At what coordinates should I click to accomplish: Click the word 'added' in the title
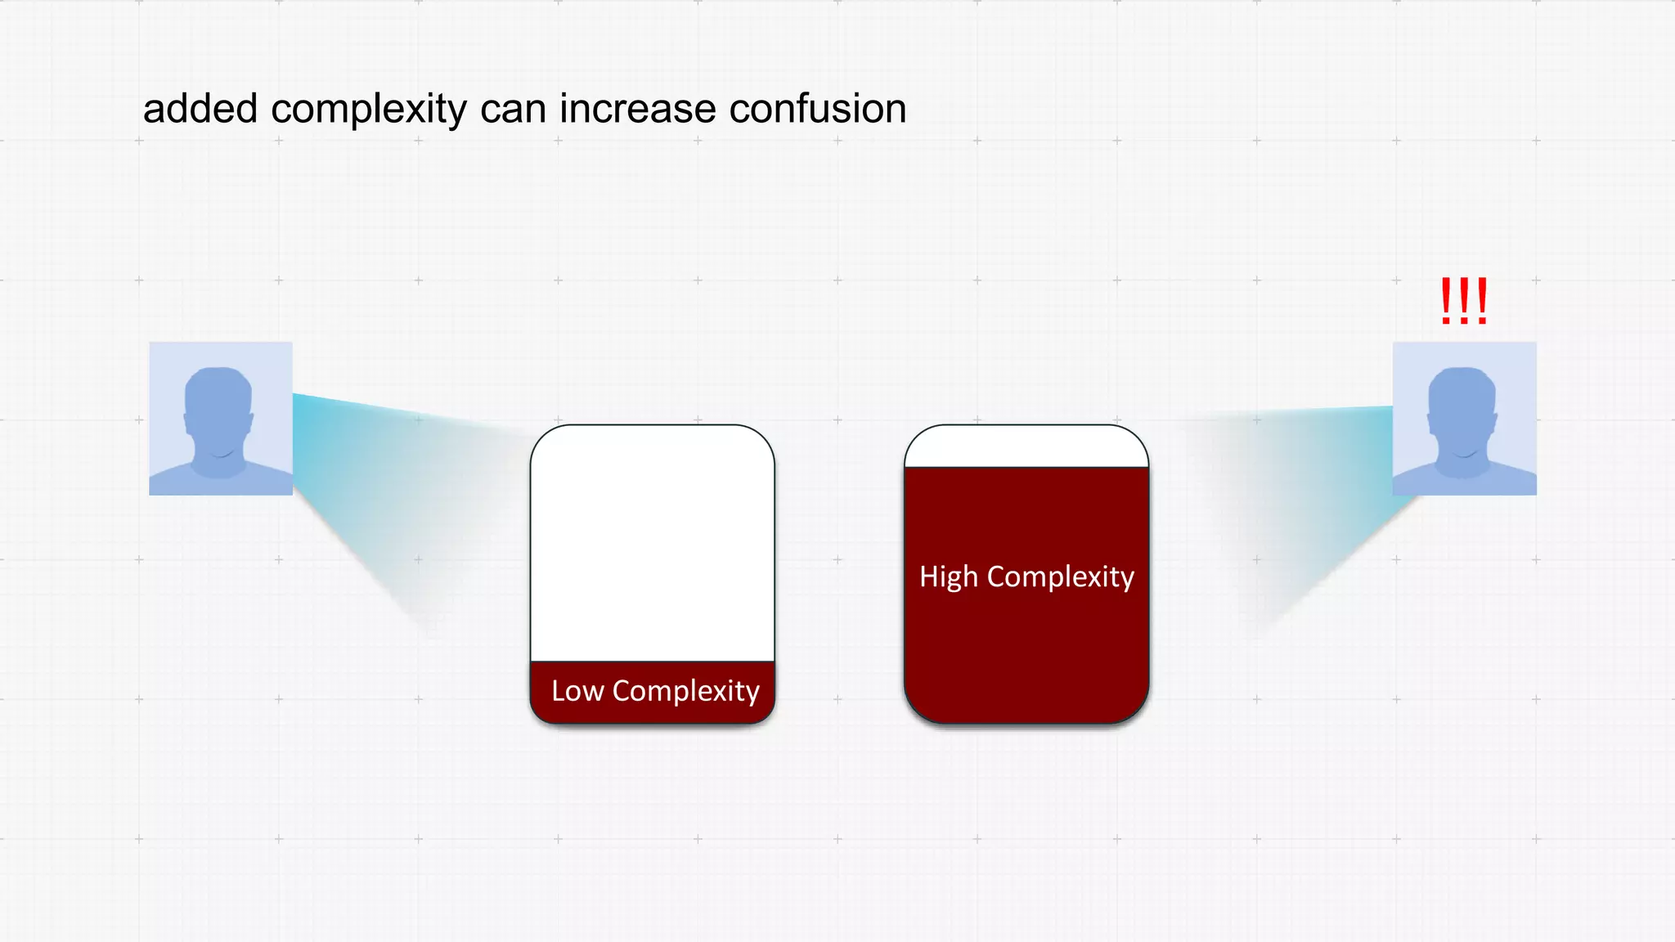point(200,109)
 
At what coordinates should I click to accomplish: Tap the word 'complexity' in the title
point(368,110)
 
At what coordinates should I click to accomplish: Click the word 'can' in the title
point(512,110)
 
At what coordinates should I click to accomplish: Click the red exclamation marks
point(1464,302)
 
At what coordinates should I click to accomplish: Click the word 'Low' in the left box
point(577,692)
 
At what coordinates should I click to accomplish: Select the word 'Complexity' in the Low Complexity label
point(685,692)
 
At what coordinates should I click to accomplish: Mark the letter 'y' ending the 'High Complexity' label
point(1128,579)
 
